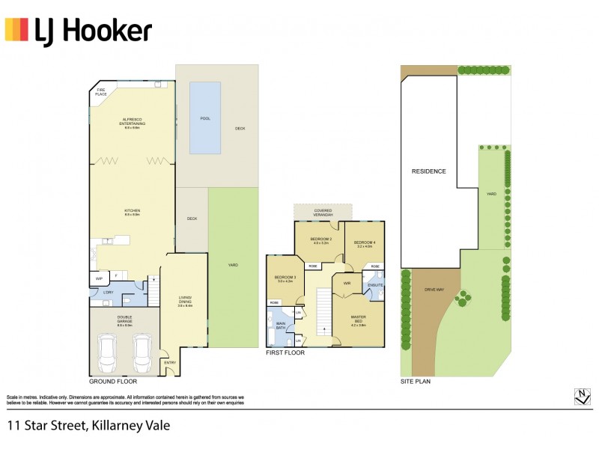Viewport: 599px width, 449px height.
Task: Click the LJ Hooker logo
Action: (x=79, y=31)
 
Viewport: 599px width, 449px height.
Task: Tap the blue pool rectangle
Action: (x=205, y=117)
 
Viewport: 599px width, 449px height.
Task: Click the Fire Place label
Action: (x=100, y=93)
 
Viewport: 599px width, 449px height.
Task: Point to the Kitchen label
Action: (x=133, y=213)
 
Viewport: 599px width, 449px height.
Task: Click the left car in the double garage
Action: (x=107, y=349)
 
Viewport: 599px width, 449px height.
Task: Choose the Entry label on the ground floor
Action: (x=170, y=363)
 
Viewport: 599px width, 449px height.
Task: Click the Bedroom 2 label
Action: (x=322, y=241)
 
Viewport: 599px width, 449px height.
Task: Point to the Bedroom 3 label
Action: (x=284, y=280)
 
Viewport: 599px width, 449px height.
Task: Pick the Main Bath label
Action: (x=281, y=326)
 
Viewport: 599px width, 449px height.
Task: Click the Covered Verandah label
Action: (x=323, y=213)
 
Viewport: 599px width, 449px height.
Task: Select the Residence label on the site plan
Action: (x=429, y=171)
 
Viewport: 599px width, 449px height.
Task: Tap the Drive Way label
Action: (x=434, y=289)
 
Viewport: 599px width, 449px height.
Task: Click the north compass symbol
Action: (x=581, y=396)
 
